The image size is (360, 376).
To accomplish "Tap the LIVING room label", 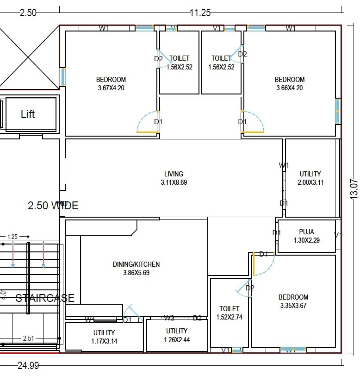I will pos(174,174).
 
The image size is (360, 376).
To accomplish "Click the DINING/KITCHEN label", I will pos(136,264).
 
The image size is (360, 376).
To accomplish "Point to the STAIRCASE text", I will pos(45,298).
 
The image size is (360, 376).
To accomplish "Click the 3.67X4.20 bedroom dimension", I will pos(111,88).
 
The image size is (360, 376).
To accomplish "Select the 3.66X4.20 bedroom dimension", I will pos(289,88).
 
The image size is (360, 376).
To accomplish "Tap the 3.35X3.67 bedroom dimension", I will pos(293,306).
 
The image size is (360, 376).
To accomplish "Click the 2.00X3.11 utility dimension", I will pos(310,182).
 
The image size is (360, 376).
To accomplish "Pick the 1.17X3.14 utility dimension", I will pos(104,341).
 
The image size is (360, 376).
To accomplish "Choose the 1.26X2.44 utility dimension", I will pos(177,339).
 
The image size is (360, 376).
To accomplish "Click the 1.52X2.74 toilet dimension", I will pos(230,317).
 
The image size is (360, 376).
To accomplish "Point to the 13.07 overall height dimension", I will pos(354,188).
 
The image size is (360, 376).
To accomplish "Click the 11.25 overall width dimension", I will pos(200,13).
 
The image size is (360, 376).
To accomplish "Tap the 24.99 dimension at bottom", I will pos(28,366).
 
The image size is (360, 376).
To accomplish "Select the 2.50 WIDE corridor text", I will pos(53,205).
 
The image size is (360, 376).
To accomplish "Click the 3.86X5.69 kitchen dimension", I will pos(136,273).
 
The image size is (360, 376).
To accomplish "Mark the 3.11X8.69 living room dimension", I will pos(174,182).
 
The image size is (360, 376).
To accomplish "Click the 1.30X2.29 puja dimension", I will pos(306,240).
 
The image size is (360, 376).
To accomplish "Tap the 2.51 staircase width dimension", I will pos(29,338).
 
